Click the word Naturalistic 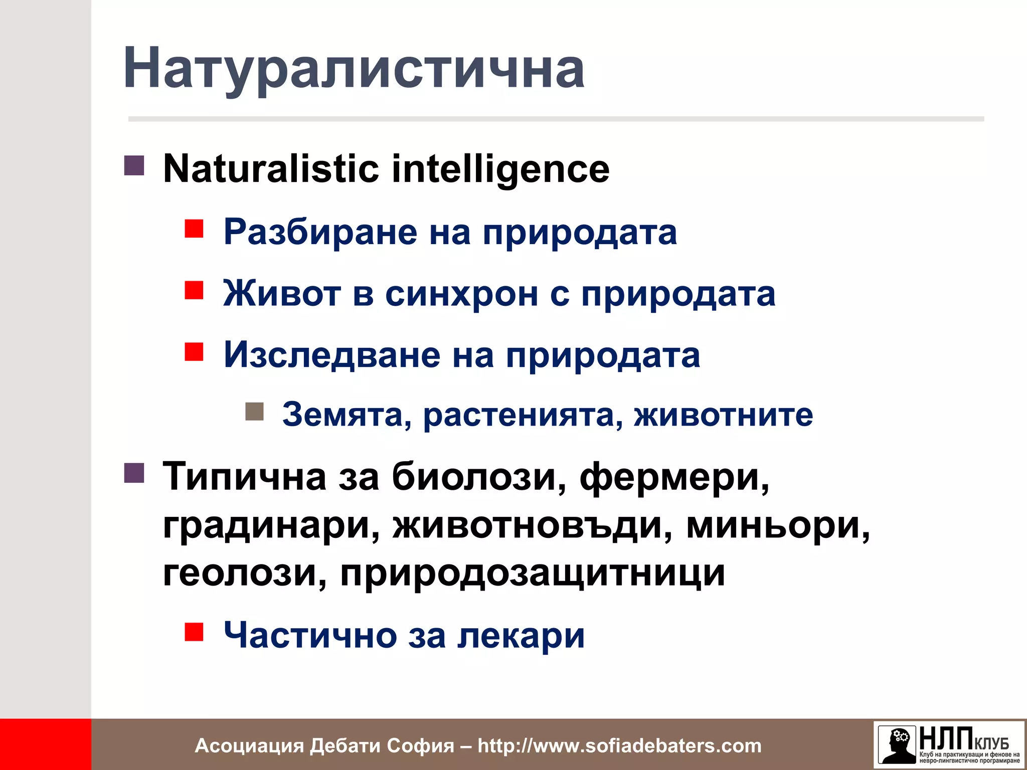[271, 169]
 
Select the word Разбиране [320, 232]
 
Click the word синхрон [461, 294]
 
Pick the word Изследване [331, 355]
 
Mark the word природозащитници [532, 573]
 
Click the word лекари [522, 636]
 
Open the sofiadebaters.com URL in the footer [619, 746]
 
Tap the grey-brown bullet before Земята [254, 412]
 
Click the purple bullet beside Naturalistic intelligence [134, 165]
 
